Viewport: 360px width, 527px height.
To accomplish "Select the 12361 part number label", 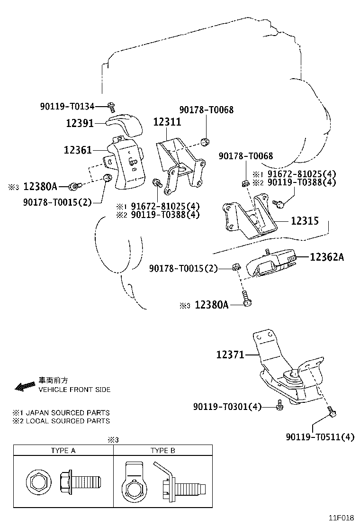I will (x=78, y=150).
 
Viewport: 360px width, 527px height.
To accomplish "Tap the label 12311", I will (x=166, y=122).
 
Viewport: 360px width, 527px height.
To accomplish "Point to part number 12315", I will (x=304, y=221).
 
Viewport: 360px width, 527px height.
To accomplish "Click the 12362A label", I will (x=327, y=257).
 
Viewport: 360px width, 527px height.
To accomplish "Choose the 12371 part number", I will (x=230, y=354).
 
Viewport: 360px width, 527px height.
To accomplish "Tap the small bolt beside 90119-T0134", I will (x=111, y=105).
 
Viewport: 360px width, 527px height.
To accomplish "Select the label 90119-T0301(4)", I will (x=227, y=406).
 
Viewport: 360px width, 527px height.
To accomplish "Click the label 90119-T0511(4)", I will (x=320, y=436).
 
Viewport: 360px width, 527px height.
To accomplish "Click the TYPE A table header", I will (x=63, y=450).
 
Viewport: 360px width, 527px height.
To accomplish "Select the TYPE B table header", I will (x=162, y=450).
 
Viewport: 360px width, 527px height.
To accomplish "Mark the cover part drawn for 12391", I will (x=124, y=123).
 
